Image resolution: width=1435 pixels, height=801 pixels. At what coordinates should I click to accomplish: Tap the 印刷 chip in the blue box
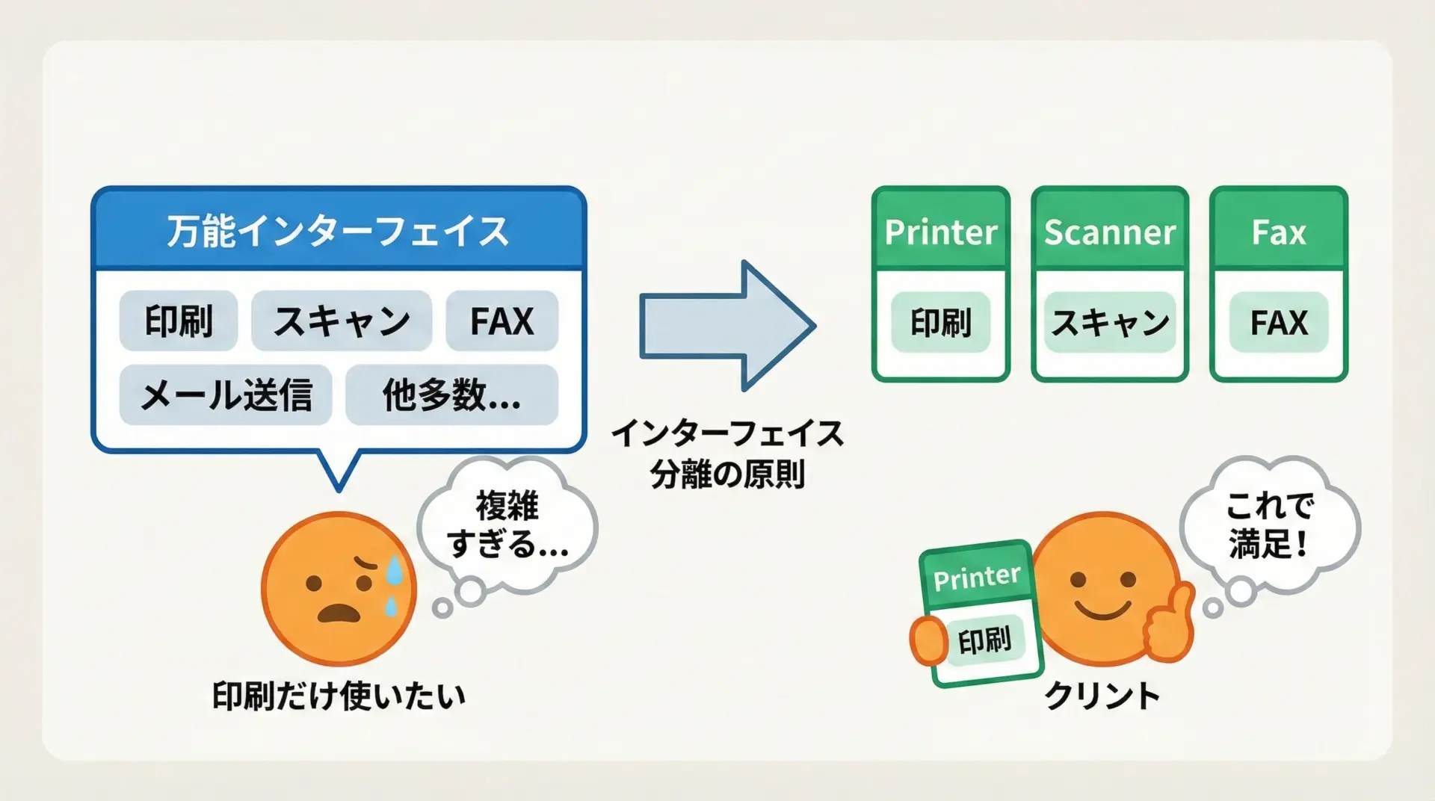click(x=179, y=321)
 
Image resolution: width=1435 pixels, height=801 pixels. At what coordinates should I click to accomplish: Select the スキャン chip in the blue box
click(x=342, y=321)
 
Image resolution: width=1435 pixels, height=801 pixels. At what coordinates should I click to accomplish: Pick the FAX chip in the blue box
click(x=502, y=321)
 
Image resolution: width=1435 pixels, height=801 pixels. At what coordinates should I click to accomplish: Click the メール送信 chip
click(x=226, y=395)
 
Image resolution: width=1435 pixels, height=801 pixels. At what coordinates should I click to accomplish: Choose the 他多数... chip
click(x=451, y=395)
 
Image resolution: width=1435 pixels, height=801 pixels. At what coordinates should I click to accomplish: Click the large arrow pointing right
click(x=727, y=325)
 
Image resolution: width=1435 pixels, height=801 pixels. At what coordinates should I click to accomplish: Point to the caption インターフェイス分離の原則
click(x=727, y=454)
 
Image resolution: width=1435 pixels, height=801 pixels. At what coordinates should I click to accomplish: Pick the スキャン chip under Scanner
click(x=1110, y=322)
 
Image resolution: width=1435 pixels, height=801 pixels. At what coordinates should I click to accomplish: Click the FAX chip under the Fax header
click(x=1279, y=322)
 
